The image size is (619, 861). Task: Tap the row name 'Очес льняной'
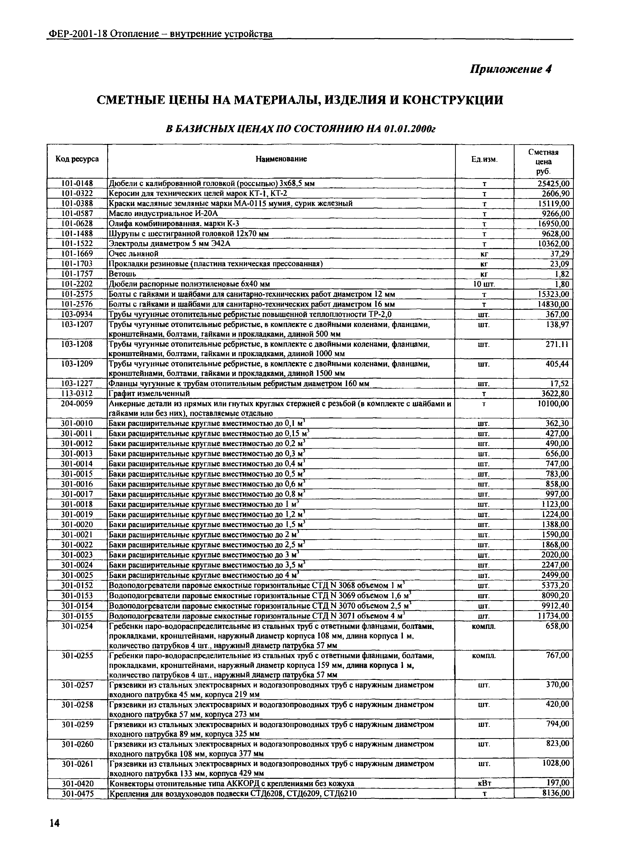tap(134, 254)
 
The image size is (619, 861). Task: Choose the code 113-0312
tap(77, 394)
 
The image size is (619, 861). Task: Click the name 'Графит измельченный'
tap(149, 394)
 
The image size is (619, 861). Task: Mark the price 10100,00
tap(553, 404)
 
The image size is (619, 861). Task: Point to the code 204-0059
tap(77, 404)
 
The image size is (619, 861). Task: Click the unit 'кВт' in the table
tap(484, 783)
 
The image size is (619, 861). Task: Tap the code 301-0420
tap(77, 783)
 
